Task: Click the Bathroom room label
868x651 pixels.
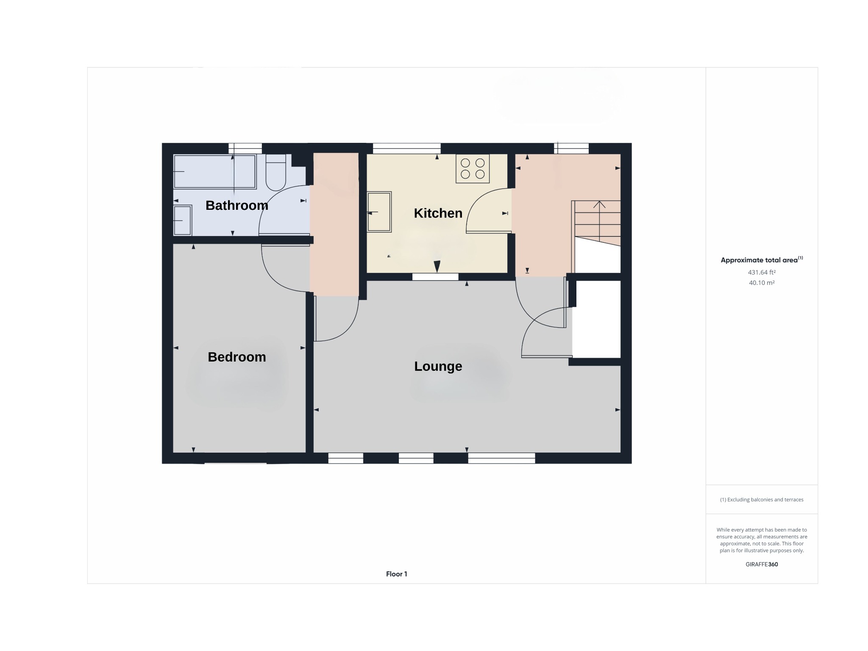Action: click(x=236, y=206)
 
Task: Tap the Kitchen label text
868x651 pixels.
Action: click(x=438, y=213)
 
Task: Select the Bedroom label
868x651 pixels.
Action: click(x=236, y=357)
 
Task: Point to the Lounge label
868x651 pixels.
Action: click(x=438, y=366)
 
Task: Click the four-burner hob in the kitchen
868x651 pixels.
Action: click(x=473, y=169)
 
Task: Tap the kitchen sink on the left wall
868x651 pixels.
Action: click(x=379, y=212)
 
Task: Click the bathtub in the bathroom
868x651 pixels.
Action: click(x=215, y=172)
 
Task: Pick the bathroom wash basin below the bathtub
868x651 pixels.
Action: click(x=183, y=220)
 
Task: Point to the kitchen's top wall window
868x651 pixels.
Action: click(x=406, y=148)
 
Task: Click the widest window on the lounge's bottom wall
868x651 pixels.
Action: click(x=501, y=458)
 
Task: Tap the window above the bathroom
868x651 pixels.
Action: click(x=245, y=148)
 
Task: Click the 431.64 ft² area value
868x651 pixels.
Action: click(x=762, y=273)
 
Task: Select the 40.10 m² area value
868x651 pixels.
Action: click(x=762, y=283)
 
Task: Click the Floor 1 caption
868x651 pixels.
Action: click(x=396, y=574)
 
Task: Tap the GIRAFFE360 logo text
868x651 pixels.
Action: click(x=762, y=564)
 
